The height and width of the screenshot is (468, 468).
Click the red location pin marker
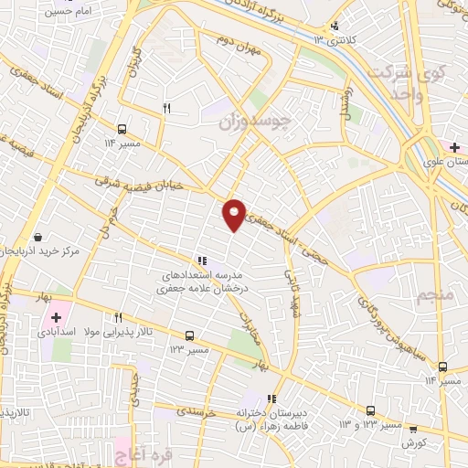pos(235,214)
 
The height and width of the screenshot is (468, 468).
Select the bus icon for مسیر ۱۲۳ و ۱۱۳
pos(370,411)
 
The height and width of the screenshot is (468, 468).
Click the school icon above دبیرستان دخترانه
pos(271,399)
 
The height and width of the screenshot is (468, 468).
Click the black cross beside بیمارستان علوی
pos(454,146)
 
